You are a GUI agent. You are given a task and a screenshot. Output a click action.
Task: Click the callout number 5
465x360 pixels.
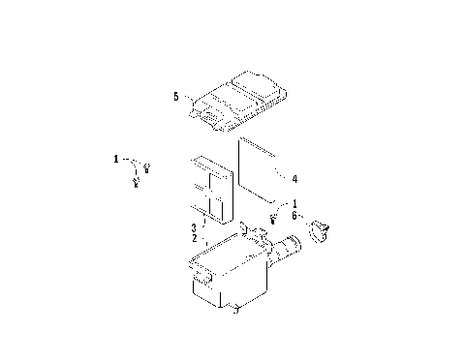point(174,97)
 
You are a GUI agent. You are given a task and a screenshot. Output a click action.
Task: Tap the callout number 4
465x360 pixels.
point(294,178)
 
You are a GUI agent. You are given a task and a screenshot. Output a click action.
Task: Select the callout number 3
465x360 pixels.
point(194,226)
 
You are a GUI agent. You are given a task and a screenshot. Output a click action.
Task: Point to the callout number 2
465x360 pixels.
point(194,237)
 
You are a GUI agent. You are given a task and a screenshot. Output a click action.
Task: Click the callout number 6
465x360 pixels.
point(294,218)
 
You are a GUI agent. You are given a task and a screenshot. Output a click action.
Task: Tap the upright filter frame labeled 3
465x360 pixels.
point(211,190)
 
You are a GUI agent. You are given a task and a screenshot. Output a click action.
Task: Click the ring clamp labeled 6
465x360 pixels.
point(321,231)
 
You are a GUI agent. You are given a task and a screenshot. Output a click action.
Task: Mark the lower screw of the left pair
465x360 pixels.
point(136,183)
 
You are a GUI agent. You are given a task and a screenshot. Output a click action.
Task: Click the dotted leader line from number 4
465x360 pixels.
point(282,178)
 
